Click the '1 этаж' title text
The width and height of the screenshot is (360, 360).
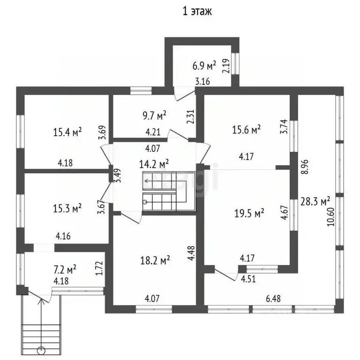tap(197, 11)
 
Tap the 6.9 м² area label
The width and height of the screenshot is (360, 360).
tap(204, 66)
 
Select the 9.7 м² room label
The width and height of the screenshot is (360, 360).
tap(155, 115)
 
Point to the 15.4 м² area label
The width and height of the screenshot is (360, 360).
tap(67, 132)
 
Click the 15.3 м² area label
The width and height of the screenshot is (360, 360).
tap(67, 208)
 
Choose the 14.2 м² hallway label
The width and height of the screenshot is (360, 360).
tap(154, 164)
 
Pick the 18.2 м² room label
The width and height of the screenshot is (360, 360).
tap(155, 260)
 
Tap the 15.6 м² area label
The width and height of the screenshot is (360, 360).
tap(246, 129)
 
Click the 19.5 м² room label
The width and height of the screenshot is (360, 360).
tap(249, 213)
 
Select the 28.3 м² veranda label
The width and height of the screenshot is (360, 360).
tap(315, 202)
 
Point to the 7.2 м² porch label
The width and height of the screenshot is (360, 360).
tap(65, 270)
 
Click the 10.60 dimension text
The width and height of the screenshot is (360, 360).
tap(331, 217)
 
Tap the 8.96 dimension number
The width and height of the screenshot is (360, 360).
tap(305, 167)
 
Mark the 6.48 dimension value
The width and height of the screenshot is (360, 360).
tap(273, 299)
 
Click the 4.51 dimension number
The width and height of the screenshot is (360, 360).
tap(248, 279)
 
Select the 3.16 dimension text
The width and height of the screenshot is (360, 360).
tap(202, 81)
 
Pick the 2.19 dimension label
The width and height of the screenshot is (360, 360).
tap(225, 66)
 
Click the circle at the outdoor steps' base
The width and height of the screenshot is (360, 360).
tap(41, 350)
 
